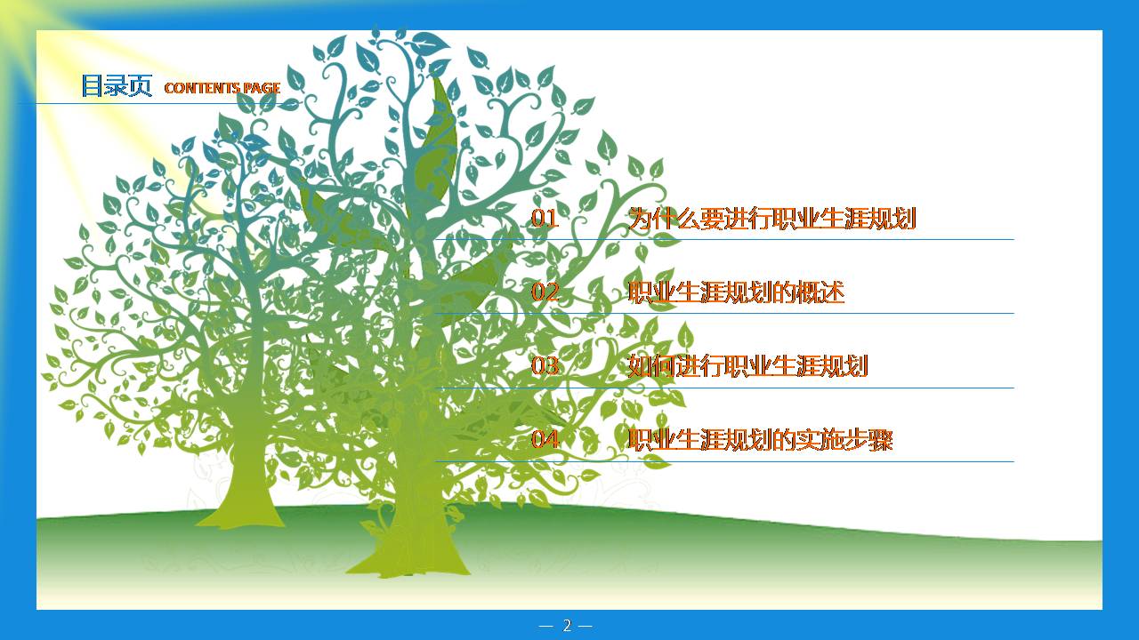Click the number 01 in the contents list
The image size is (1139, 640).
coord(545,219)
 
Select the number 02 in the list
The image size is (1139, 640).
coord(545,292)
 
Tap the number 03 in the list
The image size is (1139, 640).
coord(545,366)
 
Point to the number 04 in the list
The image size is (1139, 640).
coord(545,440)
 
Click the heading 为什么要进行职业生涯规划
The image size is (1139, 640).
coord(771,219)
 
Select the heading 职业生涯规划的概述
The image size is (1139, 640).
coord(736,292)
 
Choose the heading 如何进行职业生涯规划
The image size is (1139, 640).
coord(747,366)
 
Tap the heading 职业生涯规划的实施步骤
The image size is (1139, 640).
coord(760,440)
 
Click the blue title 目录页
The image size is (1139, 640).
coord(117,86)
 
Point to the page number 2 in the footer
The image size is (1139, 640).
coord(567,626)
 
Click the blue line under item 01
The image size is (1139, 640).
coord(801,239)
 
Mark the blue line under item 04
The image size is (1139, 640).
coord(801,461)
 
